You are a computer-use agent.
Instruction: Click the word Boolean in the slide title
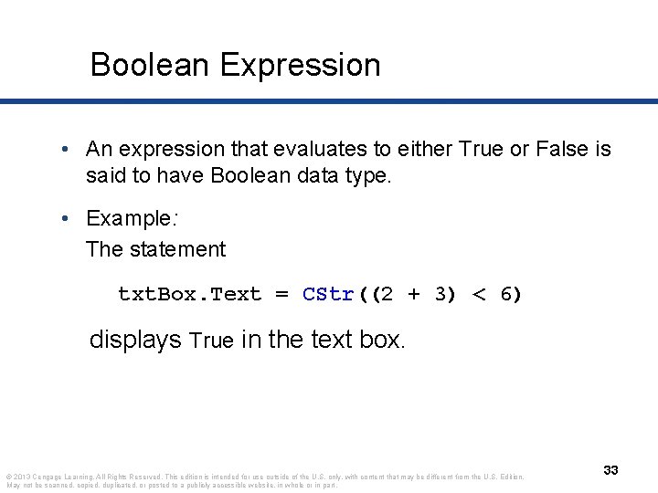click(151, 65)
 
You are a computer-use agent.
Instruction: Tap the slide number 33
click(610, 469)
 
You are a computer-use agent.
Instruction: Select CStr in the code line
click(328, 294)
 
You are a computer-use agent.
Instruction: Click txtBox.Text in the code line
click(190, 294)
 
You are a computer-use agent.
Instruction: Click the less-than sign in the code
click(479, 294)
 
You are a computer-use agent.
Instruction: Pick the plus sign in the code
click(414, 294)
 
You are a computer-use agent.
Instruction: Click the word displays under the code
click(135, 341)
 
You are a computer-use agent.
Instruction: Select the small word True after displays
click(212, 341)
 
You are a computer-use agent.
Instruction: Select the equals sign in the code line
click(282, 294)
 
